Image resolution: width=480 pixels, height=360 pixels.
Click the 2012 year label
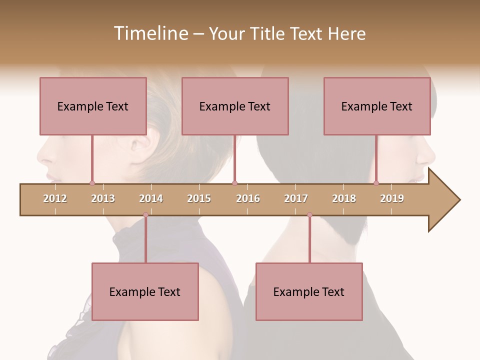pos(55,198)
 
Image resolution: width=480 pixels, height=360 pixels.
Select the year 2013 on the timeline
pos(103,198)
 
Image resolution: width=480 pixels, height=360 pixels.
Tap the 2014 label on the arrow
pos(151,198)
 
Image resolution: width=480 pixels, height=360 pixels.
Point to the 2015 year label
pos(199,198)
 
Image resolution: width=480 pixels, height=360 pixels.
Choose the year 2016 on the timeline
pos(248,198)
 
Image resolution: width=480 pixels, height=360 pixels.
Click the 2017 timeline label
pos(296,198)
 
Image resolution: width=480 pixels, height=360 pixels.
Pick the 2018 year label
pos(344,198)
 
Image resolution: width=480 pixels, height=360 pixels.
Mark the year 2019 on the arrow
pos(392,198)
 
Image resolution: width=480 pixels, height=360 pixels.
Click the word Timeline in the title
pos(150,33)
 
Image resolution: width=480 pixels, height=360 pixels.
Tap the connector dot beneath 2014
pos(145,215)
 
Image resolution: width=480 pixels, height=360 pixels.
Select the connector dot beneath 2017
pos(309,215)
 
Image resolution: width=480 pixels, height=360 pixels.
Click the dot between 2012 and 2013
pos(92,183)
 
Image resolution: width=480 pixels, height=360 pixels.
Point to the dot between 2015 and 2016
pos(234,183)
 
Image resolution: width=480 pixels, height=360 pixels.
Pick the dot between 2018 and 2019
pos(376,183)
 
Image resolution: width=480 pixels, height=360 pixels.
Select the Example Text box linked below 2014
pos(145,291)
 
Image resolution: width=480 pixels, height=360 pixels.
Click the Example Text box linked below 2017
pos(309,291)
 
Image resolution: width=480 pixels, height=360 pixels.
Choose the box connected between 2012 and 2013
pos(93,106)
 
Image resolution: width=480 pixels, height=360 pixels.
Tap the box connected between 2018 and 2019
pos(377,106)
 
